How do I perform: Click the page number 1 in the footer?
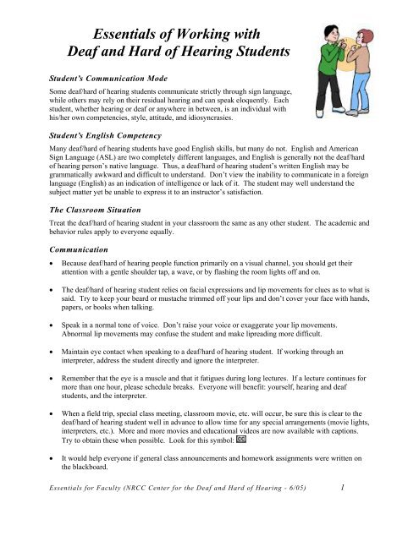point(363,510)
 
